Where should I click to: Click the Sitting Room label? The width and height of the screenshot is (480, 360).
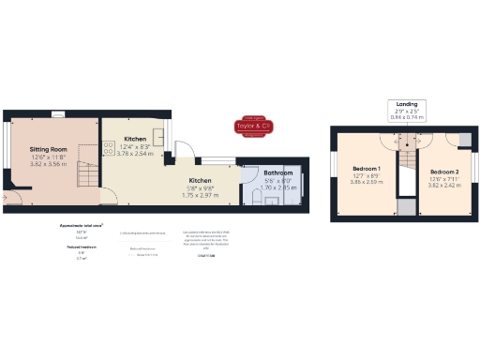(x=48, y=149)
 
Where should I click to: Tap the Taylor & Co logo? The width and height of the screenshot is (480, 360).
(x=252, y=127)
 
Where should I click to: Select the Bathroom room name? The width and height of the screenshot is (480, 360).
(x=277, y=173)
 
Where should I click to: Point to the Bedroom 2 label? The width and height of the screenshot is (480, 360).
(x=444, y=172)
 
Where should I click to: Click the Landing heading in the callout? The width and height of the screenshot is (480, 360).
(x=407, y=104)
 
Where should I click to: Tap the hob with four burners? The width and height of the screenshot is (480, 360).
(x=108, y=146)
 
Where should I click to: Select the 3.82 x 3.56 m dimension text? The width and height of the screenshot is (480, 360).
(x=48, y=164)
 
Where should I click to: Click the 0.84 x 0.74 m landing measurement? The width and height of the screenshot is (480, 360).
(x=407, y=118)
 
